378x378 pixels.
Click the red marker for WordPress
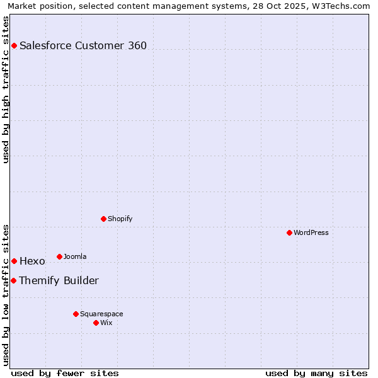289,232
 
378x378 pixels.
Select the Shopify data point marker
103,219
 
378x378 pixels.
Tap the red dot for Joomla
59,256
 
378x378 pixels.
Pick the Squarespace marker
76,314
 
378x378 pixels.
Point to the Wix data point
96,323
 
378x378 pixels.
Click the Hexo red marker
14,261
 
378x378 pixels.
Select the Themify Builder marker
13,280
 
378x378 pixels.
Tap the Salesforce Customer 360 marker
14,45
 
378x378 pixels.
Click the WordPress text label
311,232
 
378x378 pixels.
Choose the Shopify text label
120,219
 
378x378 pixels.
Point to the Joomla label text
75,256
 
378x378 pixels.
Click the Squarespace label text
101,314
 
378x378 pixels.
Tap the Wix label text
106,323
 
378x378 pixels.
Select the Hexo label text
32,261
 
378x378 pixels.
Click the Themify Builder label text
59,280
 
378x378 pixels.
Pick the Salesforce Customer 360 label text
83,45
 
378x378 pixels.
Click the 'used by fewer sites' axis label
65,373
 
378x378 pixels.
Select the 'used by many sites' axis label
316,373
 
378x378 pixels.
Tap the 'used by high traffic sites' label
6,89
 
